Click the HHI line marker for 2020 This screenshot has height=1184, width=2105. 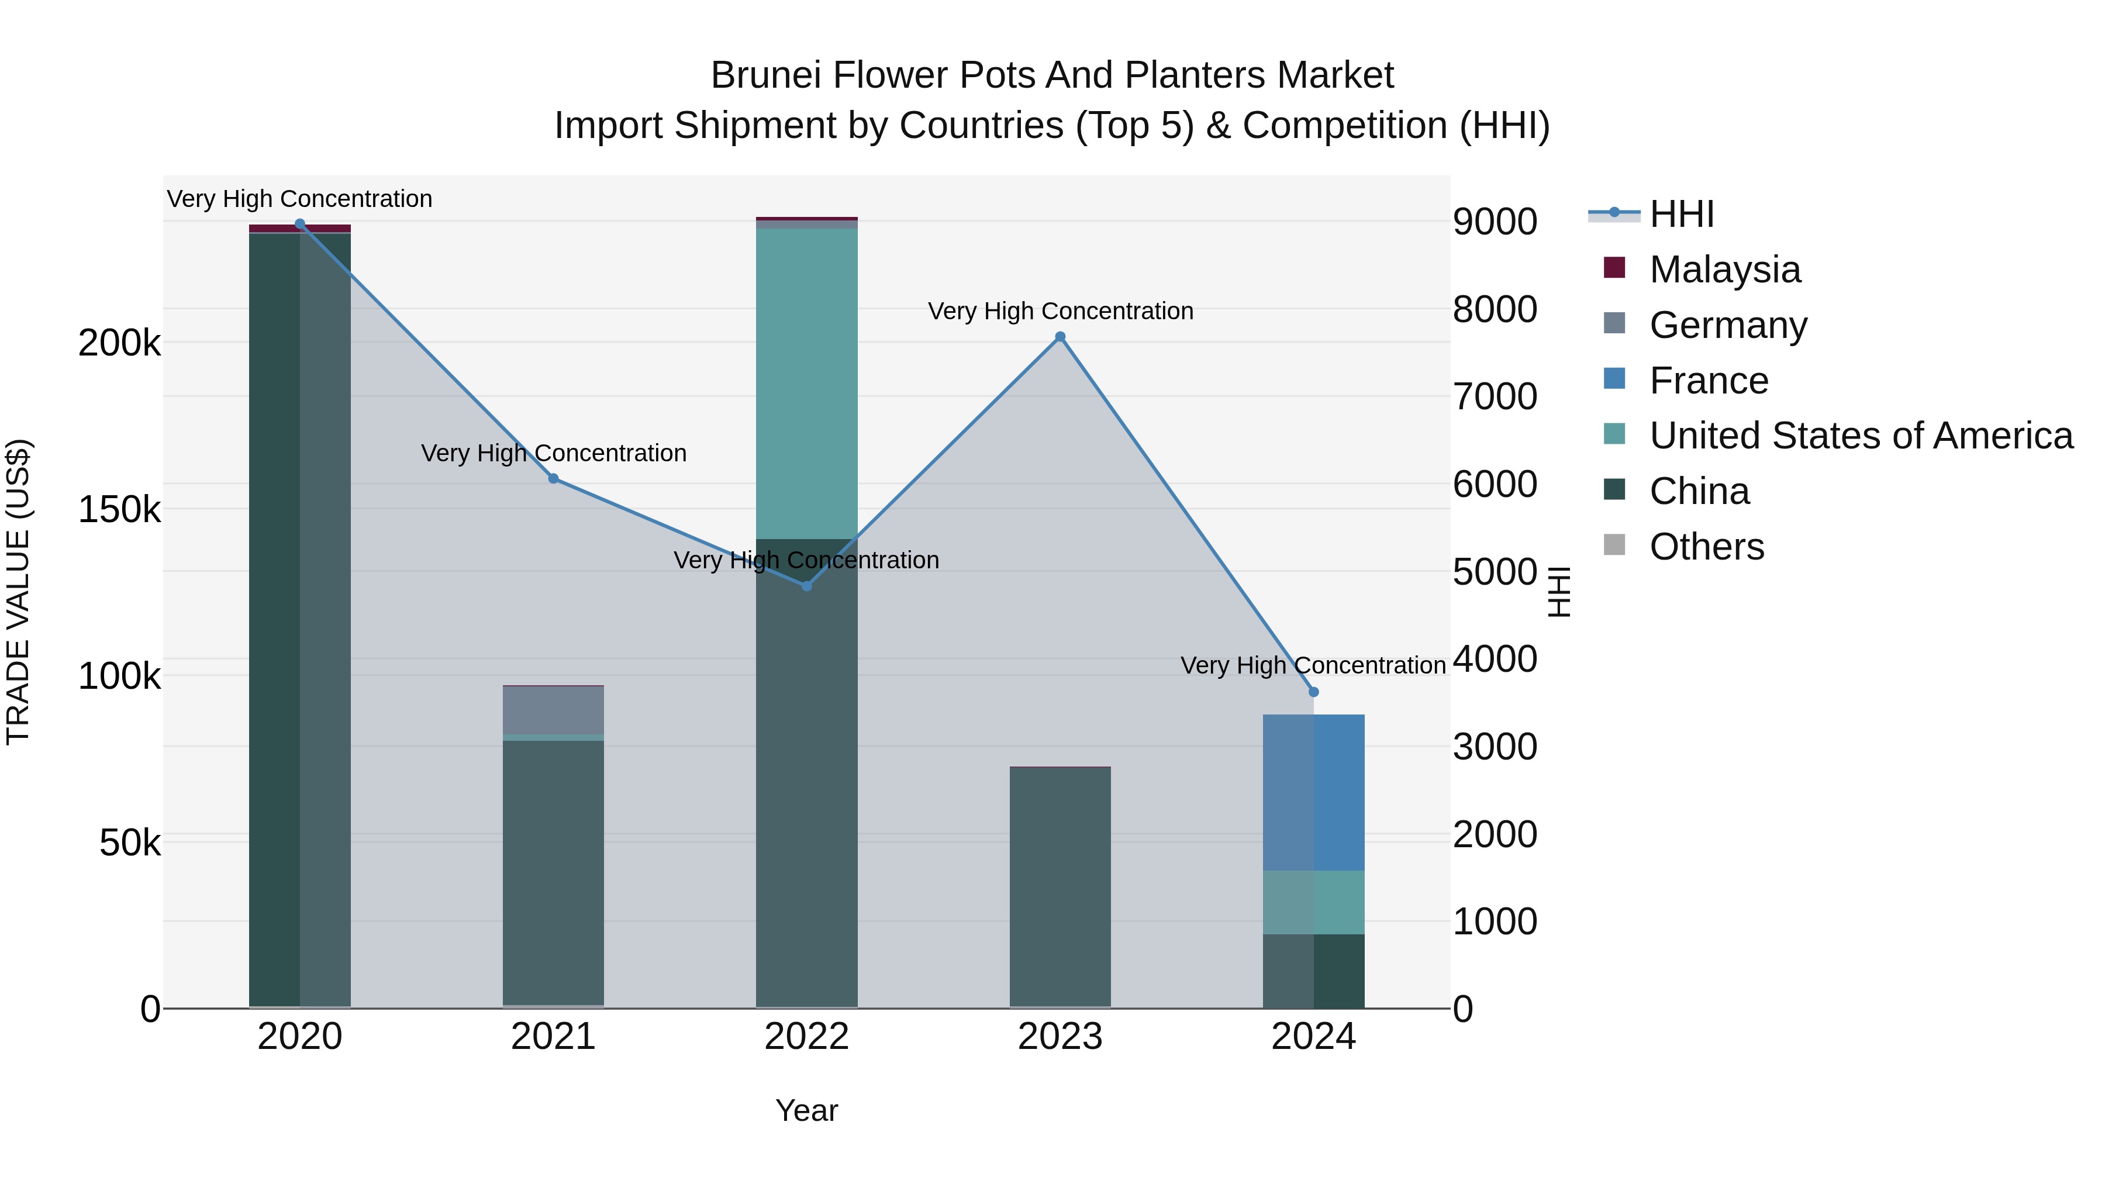[x=300, y=224]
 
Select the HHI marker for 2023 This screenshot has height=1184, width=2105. [x=1060, y=337]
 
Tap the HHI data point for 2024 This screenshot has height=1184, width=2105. [x=1314, y=692]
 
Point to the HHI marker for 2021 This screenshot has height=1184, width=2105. [x=553, y=479]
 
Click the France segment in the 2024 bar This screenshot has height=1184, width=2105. [x=1314, y=793]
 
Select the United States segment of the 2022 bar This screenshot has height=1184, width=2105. [x=806, y=384]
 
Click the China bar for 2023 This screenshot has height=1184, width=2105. [x=1060, y=886]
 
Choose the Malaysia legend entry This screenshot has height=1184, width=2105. [x=1724, y=270]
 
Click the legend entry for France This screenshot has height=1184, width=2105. [x=1709, y=381]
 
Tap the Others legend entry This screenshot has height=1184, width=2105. [x=1706, y=547]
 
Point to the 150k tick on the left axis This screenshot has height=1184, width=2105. [x=119, y=510]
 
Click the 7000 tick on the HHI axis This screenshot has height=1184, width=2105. [x=1495, y=397]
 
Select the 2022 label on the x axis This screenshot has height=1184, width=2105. [x=806, y=1037]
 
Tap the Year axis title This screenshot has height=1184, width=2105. [x=806, y=1110]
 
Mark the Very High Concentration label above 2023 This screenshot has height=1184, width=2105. [x=1060, y=311]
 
